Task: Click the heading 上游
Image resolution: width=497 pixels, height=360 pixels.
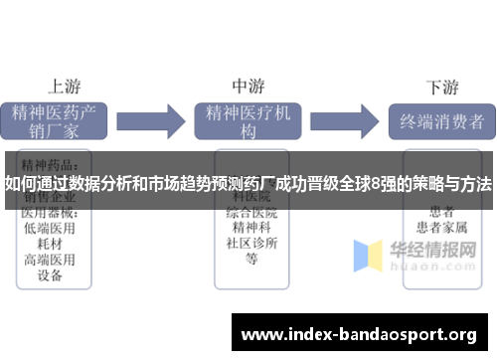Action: [64, 86]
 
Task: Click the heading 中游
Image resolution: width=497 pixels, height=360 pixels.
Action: [248, 86]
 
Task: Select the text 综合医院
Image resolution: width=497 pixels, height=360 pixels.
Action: [251, 212]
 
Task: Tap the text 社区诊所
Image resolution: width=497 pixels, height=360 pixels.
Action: [251, 244]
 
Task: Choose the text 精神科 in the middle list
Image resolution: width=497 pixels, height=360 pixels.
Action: [251, 228]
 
